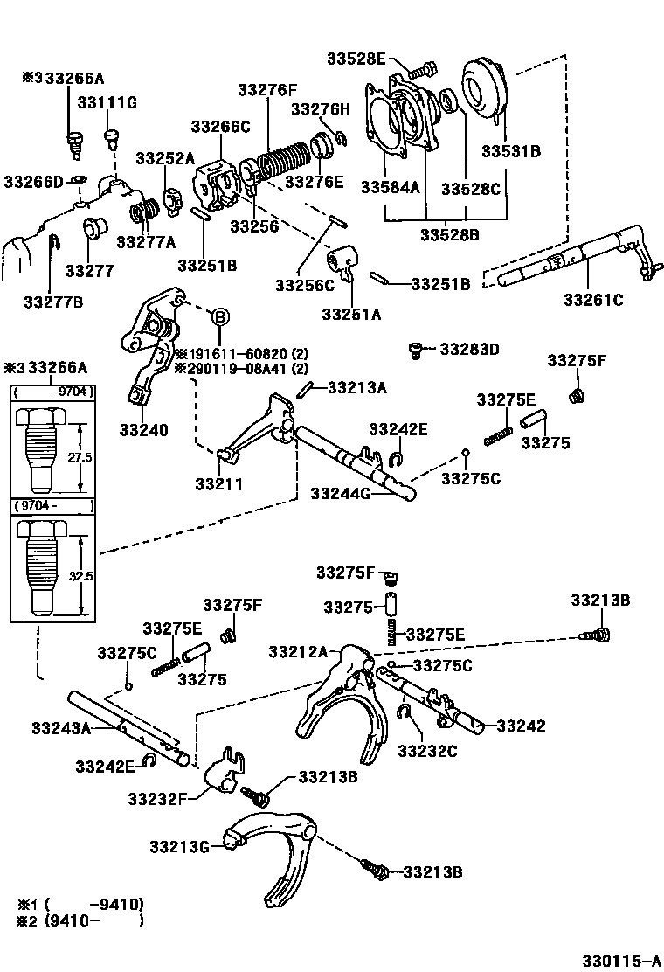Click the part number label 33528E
point(356,59)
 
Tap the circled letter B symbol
point(220,316)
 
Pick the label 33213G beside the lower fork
point(179,846)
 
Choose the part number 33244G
point(341,494)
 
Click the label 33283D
point(469,350)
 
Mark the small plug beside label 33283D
point(418,351)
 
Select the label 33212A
point(298,651)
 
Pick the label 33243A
point(61,727)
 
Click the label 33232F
point(156,798)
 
